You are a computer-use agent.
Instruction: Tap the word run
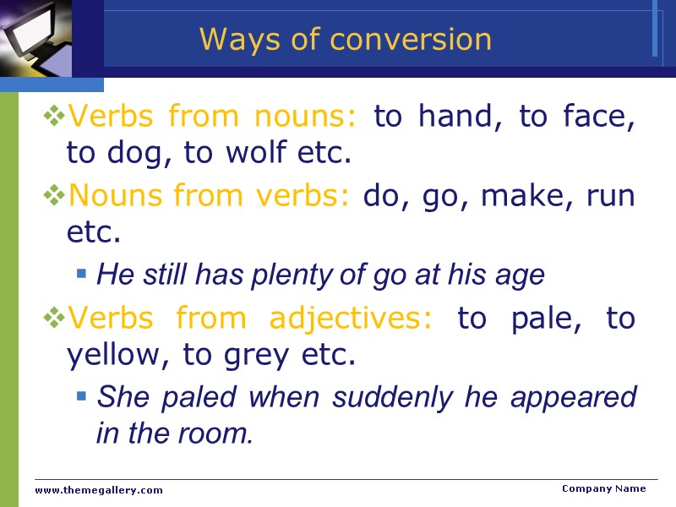tap(613, 196)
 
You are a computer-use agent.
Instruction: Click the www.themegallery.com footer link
tap(99, 490)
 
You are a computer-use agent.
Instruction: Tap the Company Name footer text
tap(603, 488)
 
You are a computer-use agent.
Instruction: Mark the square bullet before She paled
tap(81, 395)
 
